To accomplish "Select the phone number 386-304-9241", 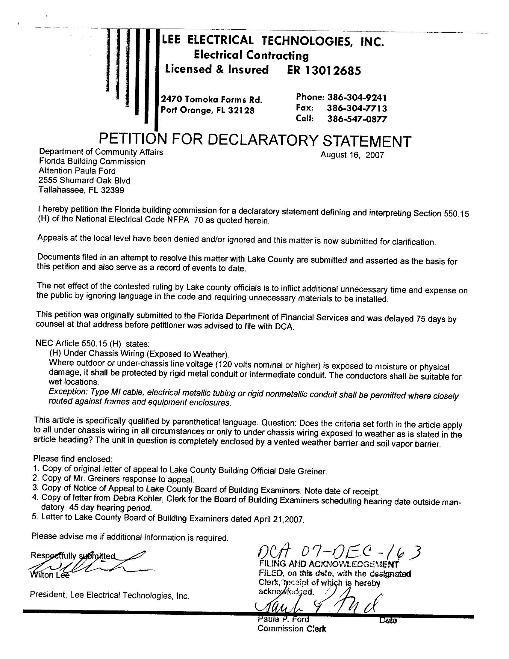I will tap(357, 97).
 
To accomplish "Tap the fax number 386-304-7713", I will tap(357, 108).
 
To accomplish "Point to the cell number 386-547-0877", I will tap(357, 119).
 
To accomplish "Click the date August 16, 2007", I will tap(352, 155).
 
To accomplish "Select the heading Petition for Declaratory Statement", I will tap(255, 140).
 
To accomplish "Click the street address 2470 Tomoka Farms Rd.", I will tap(211, 99).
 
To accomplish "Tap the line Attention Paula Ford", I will tap(77, 171).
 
